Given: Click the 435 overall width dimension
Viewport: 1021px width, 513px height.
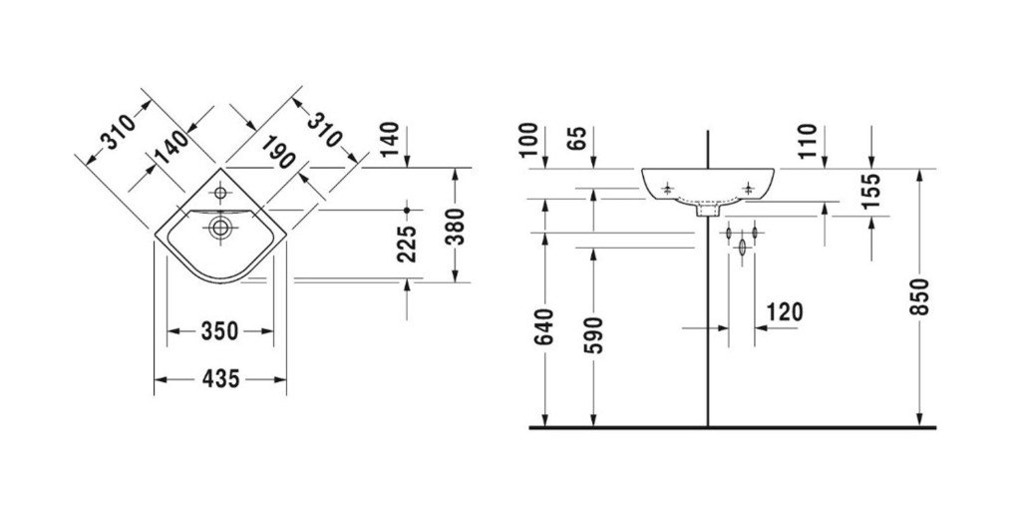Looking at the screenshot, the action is click(220, 378).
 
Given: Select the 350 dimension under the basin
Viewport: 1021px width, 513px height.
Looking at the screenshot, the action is click(220, 331).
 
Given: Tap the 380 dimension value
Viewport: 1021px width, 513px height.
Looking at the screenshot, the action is click(459, 226).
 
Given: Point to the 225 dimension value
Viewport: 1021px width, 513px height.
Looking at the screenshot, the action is click(407, 244).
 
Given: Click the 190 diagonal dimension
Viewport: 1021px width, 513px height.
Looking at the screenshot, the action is click(280, 152).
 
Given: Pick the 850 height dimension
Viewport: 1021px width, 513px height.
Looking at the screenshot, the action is click(919, 296).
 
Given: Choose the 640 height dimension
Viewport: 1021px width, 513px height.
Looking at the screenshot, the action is click(544, 326).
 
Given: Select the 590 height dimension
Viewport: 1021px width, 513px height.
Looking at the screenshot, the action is click(593, 335).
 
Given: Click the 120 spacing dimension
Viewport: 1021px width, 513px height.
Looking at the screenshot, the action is click(785, 312).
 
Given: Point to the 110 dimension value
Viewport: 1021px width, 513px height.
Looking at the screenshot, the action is click(808, 142).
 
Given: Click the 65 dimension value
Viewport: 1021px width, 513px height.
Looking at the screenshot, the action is click(577, 138).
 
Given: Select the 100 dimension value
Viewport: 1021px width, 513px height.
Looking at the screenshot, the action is click(529, 140).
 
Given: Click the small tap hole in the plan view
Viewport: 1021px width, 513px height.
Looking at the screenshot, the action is click(220, 193).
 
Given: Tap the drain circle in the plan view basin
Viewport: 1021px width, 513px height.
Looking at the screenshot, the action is click(220, 228).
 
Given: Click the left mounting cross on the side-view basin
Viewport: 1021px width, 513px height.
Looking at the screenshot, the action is click(667, 190).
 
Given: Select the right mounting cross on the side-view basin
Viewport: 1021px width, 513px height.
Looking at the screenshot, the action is click(749, 190).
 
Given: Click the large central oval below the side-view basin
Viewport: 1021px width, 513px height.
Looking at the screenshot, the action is click(742, 248).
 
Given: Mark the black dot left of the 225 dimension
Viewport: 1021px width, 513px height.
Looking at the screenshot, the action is click(407, 210).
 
